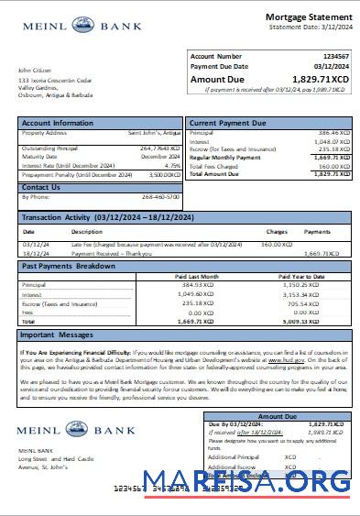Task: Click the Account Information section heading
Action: click(58, 123)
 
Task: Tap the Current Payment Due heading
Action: click(228, 123)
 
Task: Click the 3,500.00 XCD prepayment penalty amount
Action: click(163, 173)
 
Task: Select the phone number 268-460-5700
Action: click(162, 196)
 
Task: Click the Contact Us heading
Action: click(41, 187)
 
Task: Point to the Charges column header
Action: click(276, 232)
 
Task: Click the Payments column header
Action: click(317, 232)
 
